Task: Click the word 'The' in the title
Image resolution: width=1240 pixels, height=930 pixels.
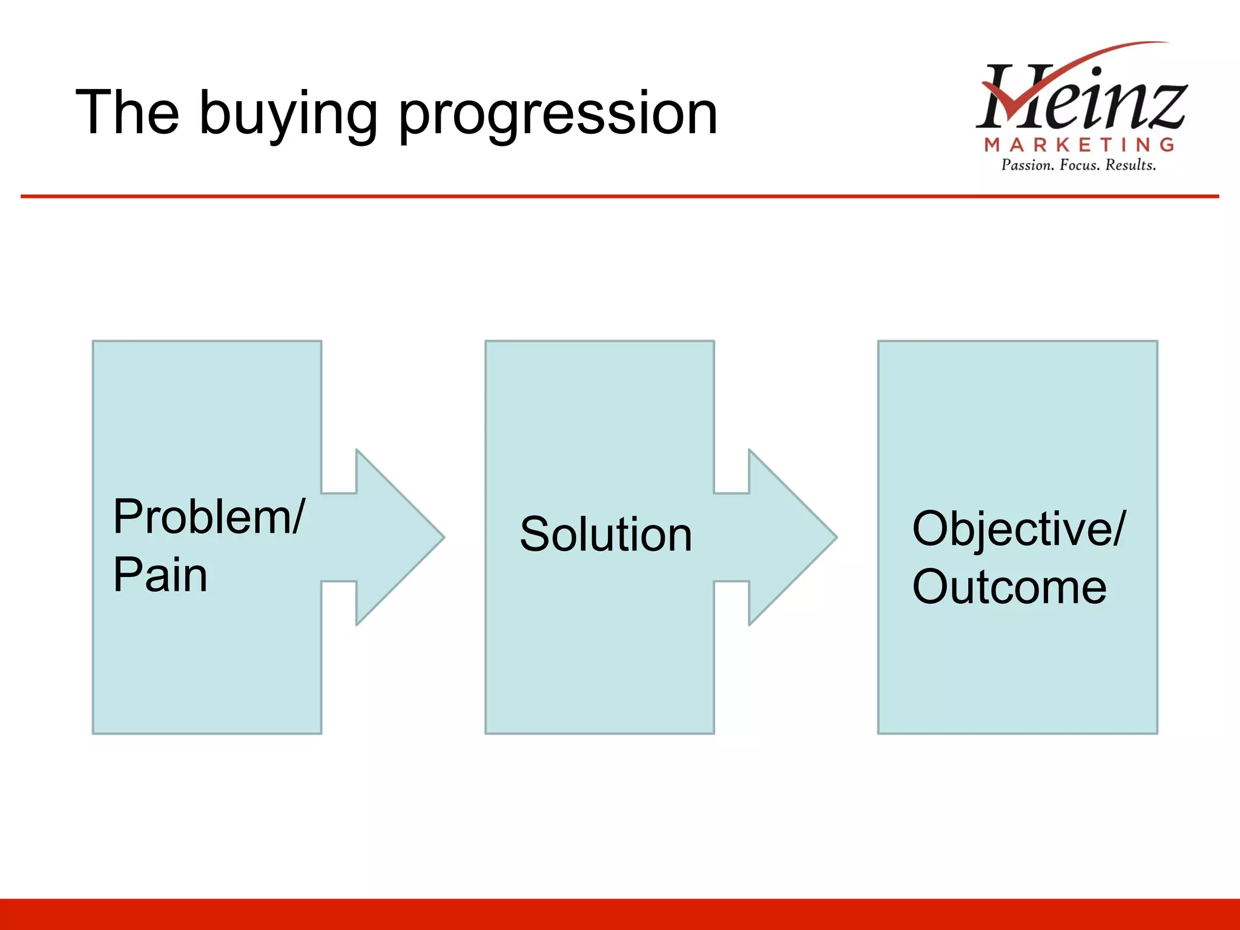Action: point(127,113)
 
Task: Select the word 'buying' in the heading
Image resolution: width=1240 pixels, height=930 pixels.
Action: point(288,115)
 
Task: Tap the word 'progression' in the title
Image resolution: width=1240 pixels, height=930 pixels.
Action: point(557,115)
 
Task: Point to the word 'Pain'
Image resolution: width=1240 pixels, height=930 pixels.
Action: point(160,575)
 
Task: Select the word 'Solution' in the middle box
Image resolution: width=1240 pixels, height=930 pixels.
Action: point(605,534)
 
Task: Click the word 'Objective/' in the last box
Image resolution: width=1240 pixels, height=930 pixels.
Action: point(1017,529)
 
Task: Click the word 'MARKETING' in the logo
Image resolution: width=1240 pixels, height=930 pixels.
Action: point(1080,145)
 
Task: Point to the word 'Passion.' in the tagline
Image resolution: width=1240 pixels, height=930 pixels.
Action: point(1027,165)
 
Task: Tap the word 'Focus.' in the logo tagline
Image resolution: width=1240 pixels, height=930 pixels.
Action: point(1080,165)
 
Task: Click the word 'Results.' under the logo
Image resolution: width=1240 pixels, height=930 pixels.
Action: point(1130,165)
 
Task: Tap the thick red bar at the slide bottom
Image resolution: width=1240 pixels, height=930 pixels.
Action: point(620,914)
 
